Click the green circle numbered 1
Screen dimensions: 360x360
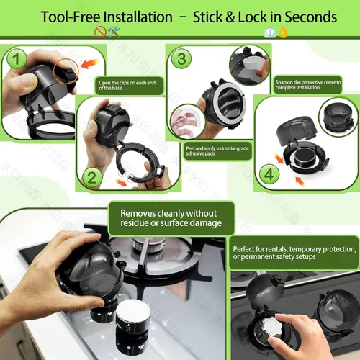point(17,58)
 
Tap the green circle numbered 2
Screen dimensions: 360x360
point(92,178)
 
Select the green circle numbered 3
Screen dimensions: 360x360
point(181,58)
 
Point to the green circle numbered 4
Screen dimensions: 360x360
point(269,174)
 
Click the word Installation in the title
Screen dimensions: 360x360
point(138,17)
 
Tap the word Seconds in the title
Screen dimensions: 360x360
point(311,17)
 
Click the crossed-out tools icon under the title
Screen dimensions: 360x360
point(107,32)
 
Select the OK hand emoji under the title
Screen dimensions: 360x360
point(283,32)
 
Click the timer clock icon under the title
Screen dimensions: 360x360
point(270,32)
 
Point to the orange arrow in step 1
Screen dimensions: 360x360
point(90,63)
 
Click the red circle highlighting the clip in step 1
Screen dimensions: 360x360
point(66,71)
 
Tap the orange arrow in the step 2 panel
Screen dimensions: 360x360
point(121,182)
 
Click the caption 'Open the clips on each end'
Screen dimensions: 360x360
point(127,83)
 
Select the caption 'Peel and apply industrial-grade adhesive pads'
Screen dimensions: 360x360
point(217,151)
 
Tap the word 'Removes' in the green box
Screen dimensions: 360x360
point(138,213)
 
